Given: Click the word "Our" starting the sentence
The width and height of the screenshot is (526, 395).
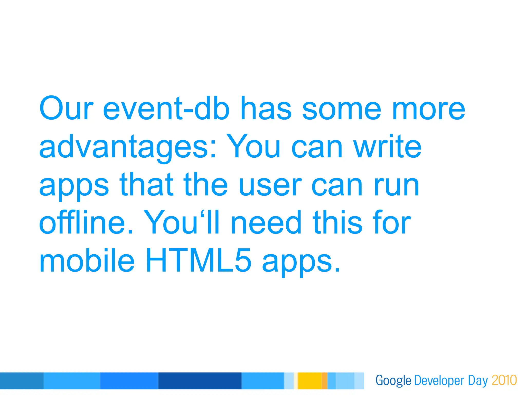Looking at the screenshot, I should [x=66, y=108].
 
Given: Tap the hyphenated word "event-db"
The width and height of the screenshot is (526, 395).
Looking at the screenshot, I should [x=166, y=108].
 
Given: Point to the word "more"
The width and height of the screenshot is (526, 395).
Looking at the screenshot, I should [x=429, y=108].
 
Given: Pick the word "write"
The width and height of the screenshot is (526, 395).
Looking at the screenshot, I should [x=388, y=147].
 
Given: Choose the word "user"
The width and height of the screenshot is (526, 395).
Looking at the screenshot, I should [x=270, y=184].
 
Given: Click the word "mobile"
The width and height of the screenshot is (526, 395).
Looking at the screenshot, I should [x=87, y=260].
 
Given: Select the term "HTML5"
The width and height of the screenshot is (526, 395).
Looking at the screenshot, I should [x=198, y=260].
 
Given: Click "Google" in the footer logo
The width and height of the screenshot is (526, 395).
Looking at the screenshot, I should [x=393, y=381].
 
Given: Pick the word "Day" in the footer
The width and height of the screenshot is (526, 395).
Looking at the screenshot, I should [x=477, y=381].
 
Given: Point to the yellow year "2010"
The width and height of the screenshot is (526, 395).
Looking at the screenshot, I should [x=504, y=380].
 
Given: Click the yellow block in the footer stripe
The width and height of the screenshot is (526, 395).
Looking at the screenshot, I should [x=310, y=381].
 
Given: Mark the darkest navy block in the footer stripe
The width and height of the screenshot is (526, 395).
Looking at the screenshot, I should [x=200, y=381].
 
